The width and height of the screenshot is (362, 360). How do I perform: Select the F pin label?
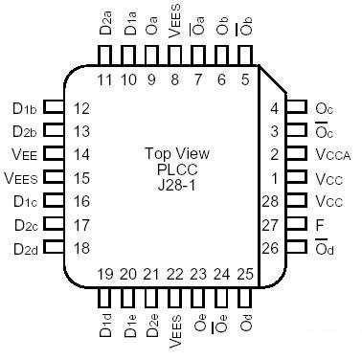[x=320, y=226]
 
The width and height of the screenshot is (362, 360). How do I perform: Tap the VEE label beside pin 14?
[x=25, y=154]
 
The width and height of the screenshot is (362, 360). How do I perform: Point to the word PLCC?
[x=177, y=169]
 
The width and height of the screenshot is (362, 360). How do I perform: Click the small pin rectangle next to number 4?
[x=295, y=107]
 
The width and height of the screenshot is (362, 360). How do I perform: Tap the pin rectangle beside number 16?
[x=54, y=202]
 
